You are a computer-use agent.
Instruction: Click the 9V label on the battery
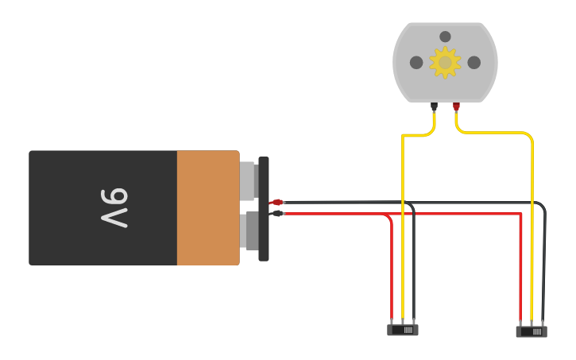coord(115,208)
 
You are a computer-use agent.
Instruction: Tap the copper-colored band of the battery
coord(207,208)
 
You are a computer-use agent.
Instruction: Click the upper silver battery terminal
coord(247,180)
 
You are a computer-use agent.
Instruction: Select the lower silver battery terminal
coord(251,230)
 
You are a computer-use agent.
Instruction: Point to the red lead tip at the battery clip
coord(276,203)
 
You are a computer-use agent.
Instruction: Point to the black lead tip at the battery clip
coord(277,213)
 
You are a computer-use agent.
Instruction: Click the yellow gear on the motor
coord(445,63)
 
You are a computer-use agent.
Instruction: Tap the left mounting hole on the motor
coord(416,63)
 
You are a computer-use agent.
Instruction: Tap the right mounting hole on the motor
coord(474,63)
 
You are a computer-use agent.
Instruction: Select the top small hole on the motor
coord(445,37)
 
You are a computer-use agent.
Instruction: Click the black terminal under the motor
coord(434,106)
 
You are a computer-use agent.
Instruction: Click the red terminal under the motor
coord(456,106)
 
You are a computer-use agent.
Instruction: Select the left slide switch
coord(403,329)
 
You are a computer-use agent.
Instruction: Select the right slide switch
coord(532,331)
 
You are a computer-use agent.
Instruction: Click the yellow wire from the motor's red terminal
coord(532,238)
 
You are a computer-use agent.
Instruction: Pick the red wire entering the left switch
coord(392,270)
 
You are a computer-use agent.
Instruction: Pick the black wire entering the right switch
coord(544,270)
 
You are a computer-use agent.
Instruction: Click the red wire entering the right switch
coord(520,270)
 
